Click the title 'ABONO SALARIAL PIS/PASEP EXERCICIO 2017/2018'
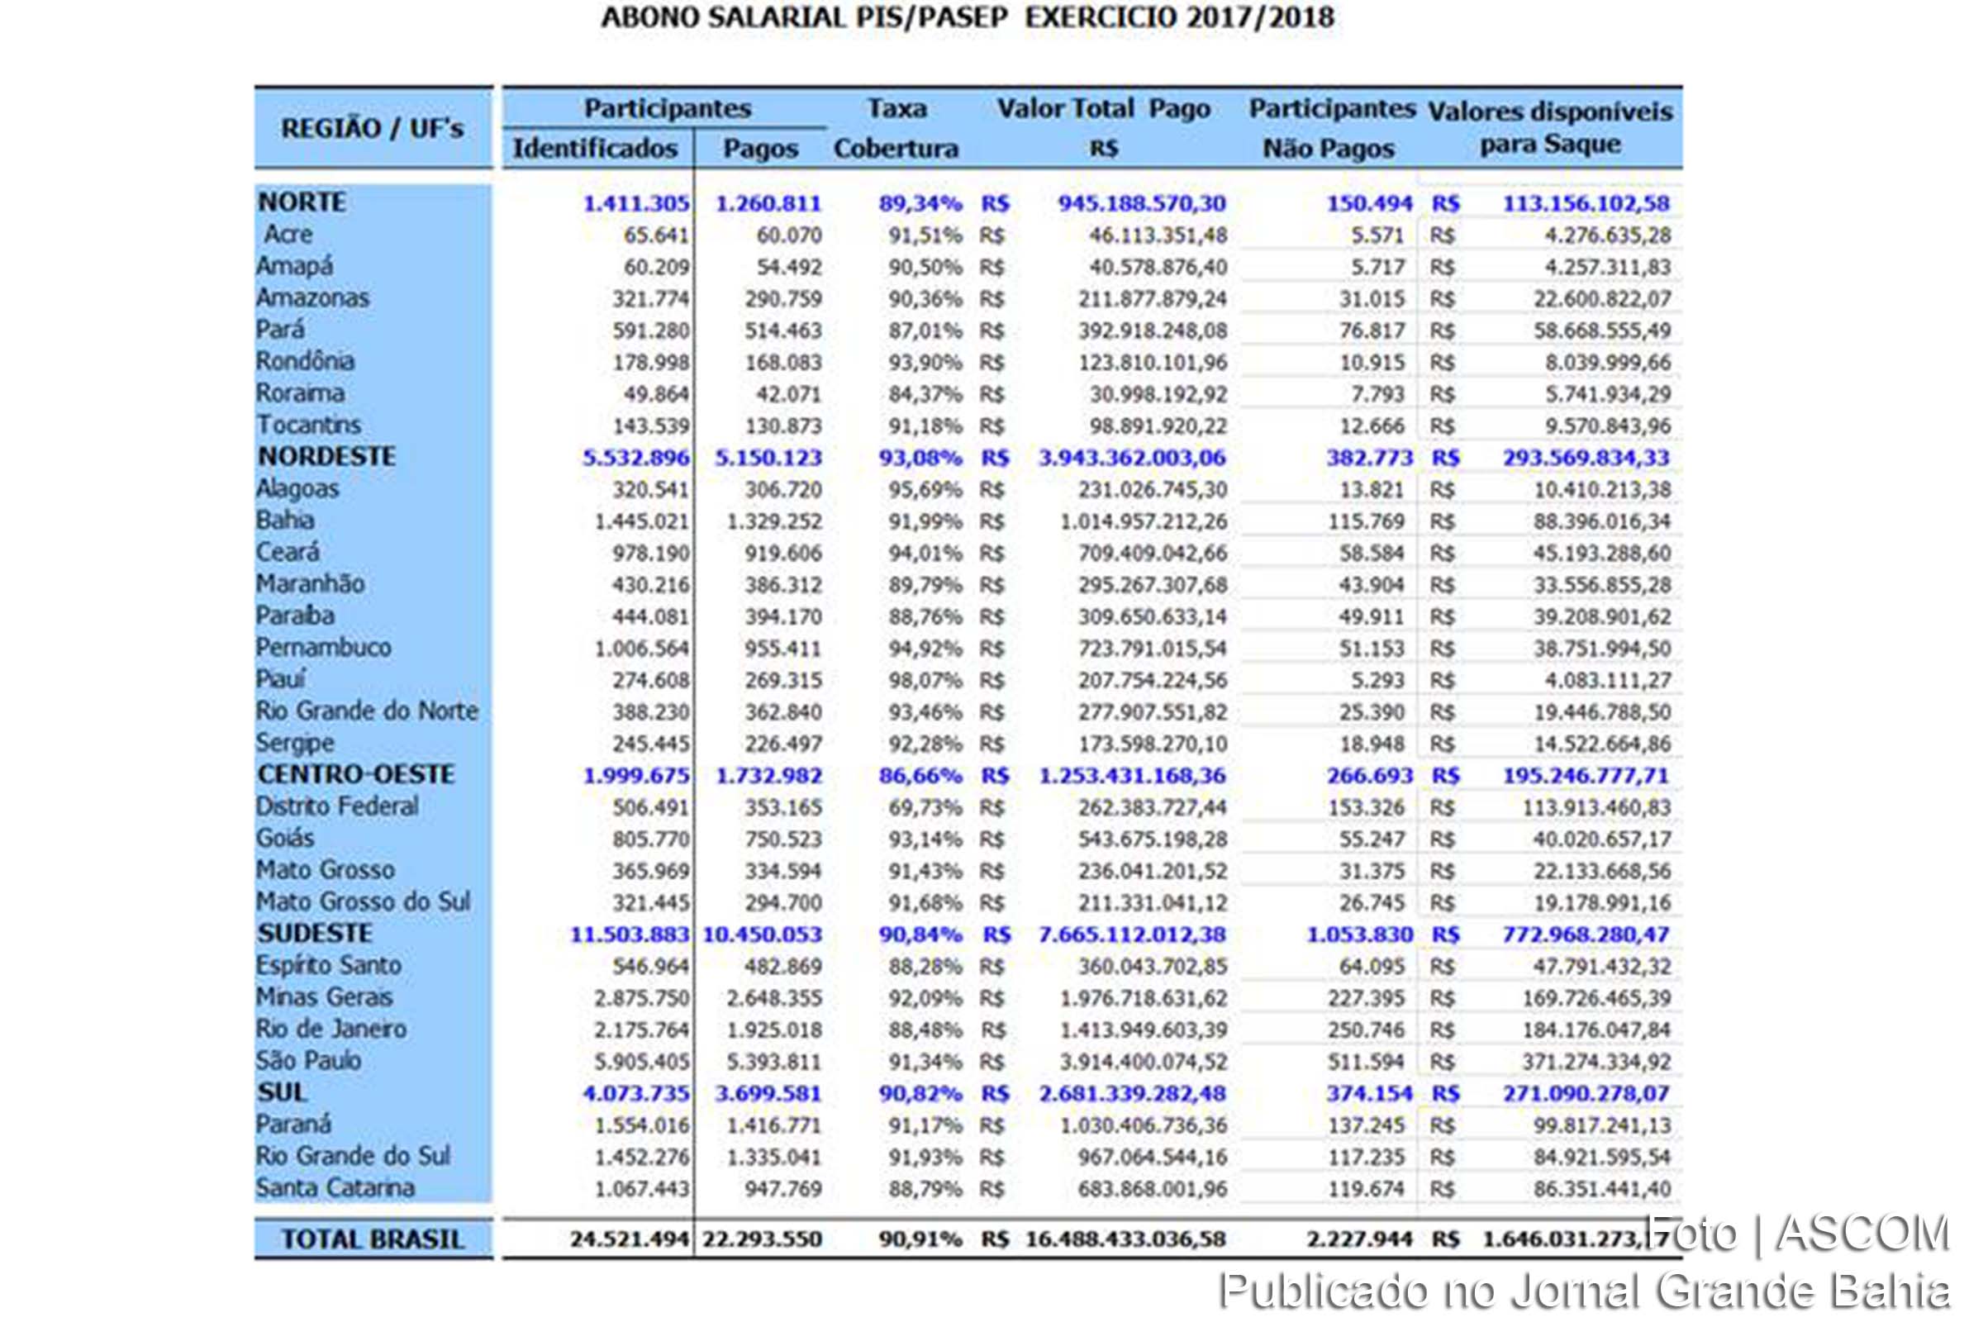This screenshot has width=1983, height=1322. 967,18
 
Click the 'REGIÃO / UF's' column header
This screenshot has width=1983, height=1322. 372,129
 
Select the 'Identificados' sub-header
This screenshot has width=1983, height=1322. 595,149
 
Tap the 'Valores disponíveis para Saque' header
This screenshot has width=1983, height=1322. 1550,127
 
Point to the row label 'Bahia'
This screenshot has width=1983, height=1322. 285,521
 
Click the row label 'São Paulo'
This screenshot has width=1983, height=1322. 308,1061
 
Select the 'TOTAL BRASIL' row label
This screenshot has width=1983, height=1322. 372,1239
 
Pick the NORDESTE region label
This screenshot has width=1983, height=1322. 326,457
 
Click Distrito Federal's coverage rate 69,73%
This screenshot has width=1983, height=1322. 924,808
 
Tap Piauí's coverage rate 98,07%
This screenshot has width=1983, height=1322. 924,680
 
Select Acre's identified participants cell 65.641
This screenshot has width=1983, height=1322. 656,235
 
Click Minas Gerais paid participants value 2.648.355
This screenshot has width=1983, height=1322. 773,998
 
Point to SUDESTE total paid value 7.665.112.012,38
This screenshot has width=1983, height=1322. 1131,935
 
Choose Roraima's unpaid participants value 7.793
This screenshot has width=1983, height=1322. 1372,394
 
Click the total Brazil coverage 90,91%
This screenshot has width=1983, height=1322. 919,1239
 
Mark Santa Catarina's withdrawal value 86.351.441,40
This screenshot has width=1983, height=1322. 1601,1189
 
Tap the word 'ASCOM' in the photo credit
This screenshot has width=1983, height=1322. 1862,1234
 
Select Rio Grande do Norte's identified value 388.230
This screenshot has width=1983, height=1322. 650,712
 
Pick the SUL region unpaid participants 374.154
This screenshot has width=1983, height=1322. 1368,1093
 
